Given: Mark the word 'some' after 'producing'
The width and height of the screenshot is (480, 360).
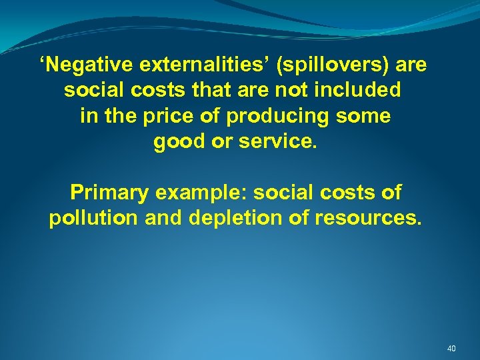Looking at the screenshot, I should coord(364,116).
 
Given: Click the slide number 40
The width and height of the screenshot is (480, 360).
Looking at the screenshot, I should coord(451,349).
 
